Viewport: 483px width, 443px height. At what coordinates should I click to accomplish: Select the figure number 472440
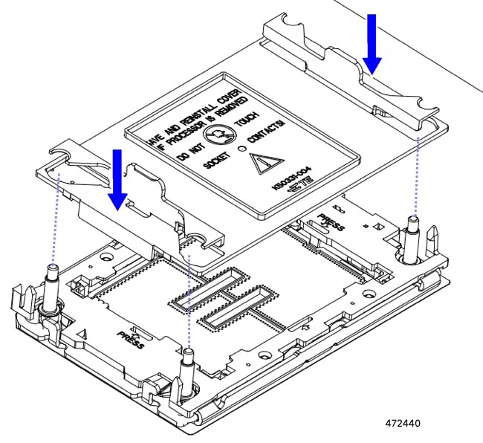pyautogui.click(x=403, y=424)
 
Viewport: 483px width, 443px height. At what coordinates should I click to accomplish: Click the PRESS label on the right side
pyautogui.click(x=331, y=223)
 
